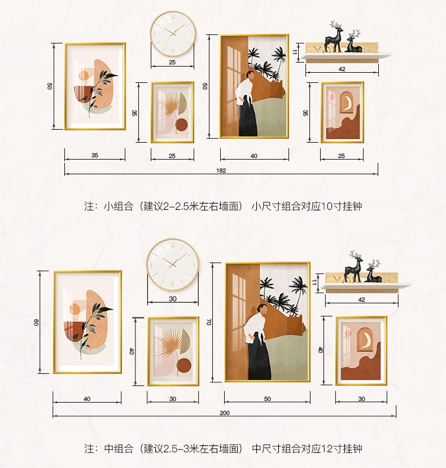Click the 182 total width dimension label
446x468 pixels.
pyautogui.click(x=221, y=170)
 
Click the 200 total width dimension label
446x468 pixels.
pyautogui.click(x=225, y=413)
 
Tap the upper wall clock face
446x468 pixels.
pyautogui.click(x=173, y=33)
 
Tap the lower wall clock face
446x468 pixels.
pyautogui.click(x=173, y=264)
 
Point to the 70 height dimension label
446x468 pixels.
pyautogui.click(x=209, y=322)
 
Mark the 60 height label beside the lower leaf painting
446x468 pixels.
pyautogui.click(x=36, y=323)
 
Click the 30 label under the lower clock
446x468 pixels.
pyautogui.click(x=173, y=299)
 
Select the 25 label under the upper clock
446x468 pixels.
pyautogui.click(x=172, y=63)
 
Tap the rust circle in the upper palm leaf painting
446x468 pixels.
pyautogui.click(x=181, y=125)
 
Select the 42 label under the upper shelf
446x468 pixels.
pyautogui.click(x=342, y=69)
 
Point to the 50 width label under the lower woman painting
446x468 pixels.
pyautogui.click(x=267, y=399)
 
